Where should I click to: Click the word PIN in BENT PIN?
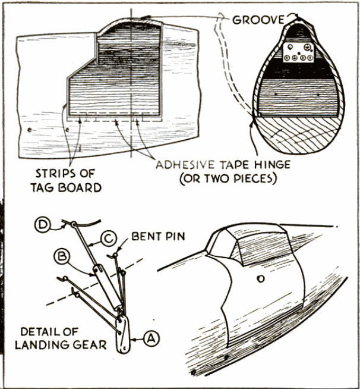175,237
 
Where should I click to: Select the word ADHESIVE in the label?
187,164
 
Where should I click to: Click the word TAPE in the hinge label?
234,164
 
